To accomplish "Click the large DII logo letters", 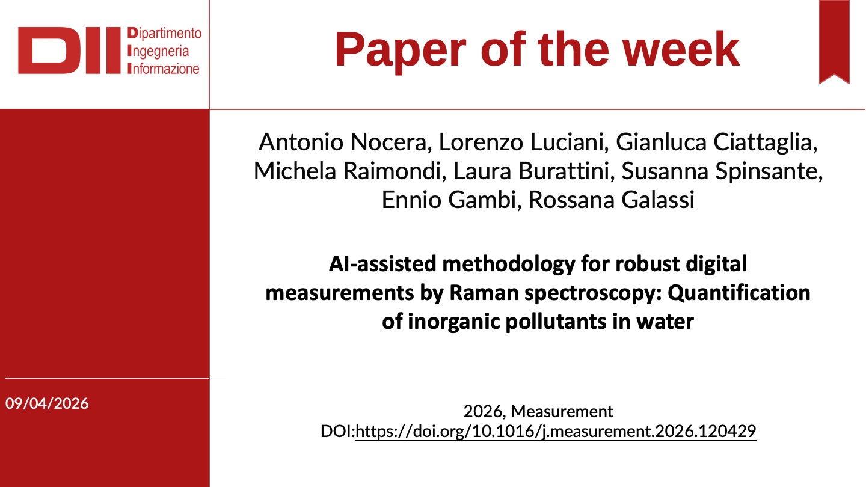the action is point(70,51).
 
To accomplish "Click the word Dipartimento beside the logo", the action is point(164,33).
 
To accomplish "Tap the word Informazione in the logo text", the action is point(163,69).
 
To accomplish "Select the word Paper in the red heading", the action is point(401,51).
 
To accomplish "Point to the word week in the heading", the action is point(681,49).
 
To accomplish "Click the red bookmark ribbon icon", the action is point(834,41).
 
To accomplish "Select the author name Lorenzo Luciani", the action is point(524,142).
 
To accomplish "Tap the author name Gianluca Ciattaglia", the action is point(716,142).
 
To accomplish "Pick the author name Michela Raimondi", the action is point(350,171).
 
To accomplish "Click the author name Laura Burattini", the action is point(534,171).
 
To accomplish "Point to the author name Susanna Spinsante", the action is point(722,171).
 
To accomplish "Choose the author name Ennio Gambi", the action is point(452,200).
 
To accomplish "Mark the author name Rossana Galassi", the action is point(611,200).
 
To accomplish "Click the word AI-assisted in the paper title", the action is point(382,264).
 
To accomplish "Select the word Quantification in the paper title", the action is point(739,293).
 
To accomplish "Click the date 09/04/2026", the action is point(47,403).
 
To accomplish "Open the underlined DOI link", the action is point(556,432).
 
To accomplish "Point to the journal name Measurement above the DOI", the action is point(562,412).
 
